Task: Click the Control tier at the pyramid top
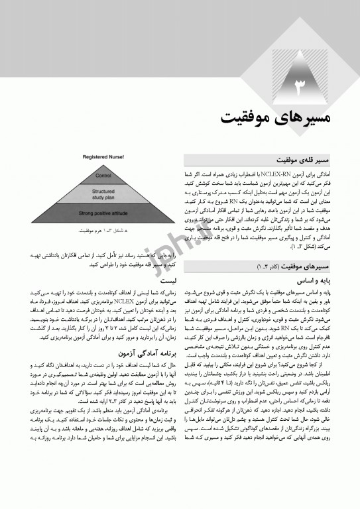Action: [103, 176]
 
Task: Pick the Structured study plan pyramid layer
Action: [103, 194]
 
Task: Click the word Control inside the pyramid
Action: [103, 176]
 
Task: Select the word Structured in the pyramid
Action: [103, 191]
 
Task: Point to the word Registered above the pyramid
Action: [95, 157]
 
